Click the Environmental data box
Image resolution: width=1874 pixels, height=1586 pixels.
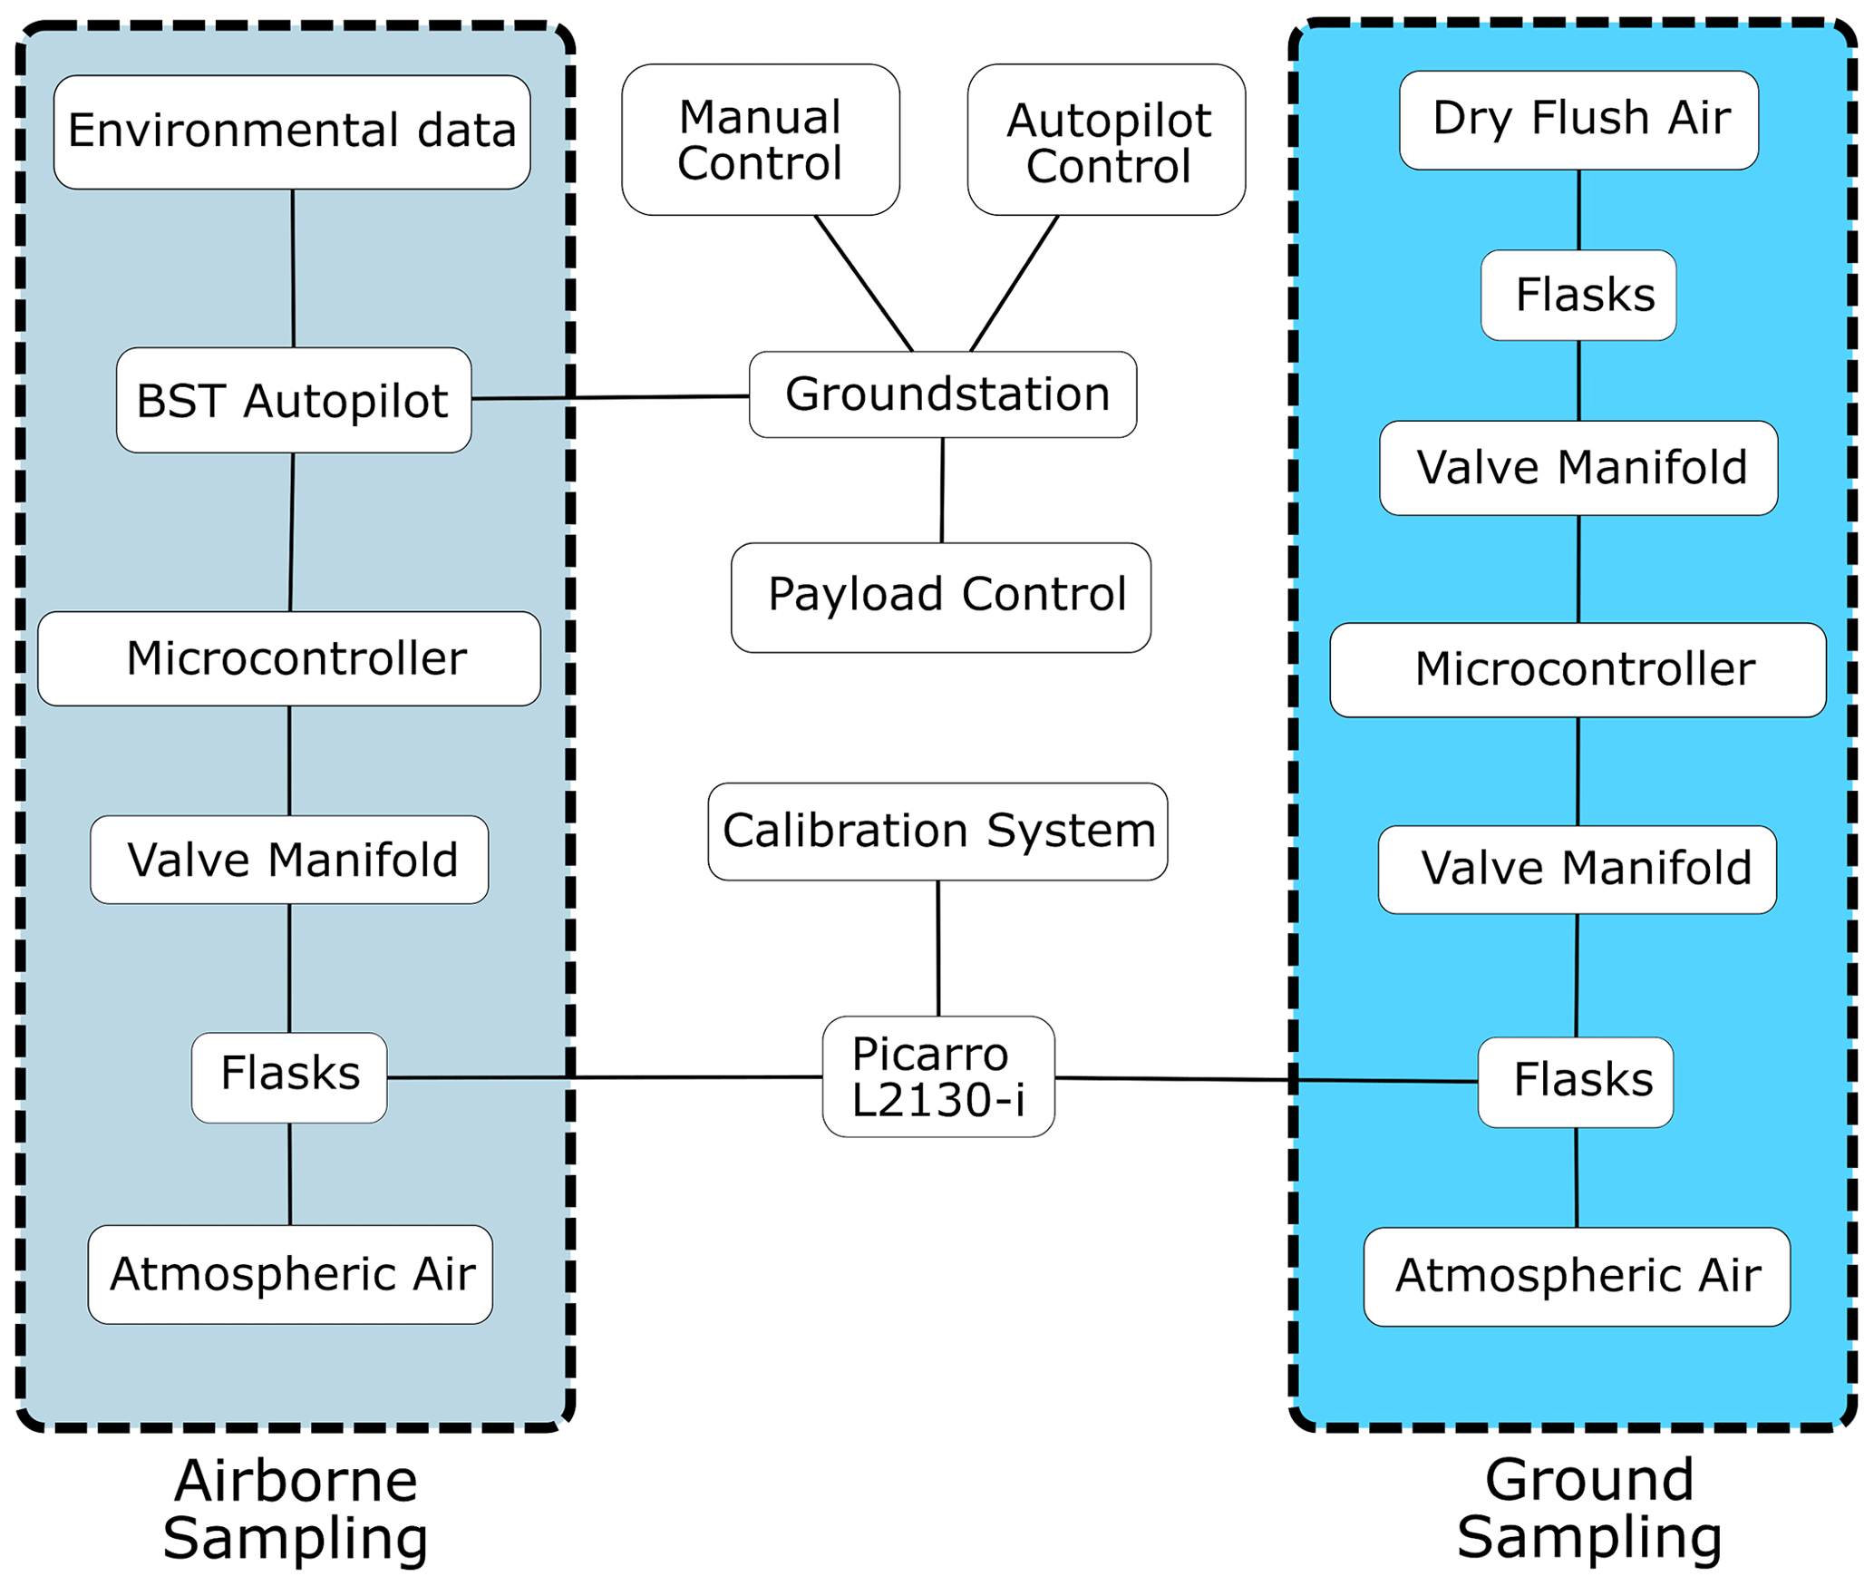[292, 132]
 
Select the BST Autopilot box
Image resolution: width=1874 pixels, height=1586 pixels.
[294, 400]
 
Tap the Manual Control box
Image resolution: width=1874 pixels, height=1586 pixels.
[761, 140]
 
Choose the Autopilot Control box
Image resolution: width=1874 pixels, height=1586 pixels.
[1106, 140]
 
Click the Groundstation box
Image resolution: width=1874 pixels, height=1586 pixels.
[943, 394]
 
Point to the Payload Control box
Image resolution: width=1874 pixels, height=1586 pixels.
[941, 598]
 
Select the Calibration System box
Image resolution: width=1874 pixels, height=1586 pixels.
[937, 832]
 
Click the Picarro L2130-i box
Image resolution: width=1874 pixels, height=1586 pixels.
[938, 1076]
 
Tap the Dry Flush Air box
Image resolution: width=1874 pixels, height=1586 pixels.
[1578, 120]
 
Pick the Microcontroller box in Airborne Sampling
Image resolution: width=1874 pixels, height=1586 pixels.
[289, 659]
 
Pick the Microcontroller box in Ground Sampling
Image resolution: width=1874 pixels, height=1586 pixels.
[1578, 670]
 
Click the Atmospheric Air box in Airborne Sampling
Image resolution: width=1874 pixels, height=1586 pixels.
[290, 1275]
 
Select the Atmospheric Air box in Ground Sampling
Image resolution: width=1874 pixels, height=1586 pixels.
[1577, 1277]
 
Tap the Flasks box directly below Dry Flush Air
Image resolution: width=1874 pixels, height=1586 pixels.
[1578, 296]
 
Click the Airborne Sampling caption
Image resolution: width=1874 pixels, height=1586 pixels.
[296, 1510]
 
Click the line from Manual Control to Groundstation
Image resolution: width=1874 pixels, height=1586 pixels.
[863, 283]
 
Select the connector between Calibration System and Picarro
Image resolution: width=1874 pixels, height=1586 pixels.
[938, 949]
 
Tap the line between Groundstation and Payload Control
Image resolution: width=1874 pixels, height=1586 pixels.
[942, 491]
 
